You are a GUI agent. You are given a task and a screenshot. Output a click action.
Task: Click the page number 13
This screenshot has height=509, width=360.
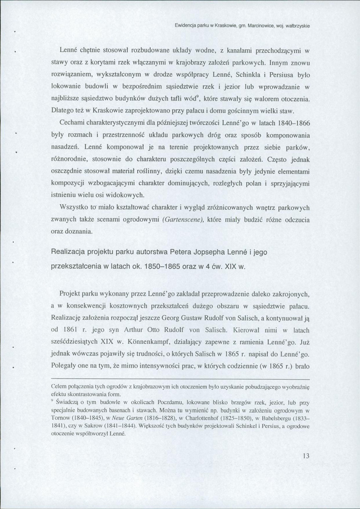point(307,456)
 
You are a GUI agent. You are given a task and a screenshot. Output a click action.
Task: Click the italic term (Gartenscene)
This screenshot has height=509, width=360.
point(180,219)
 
